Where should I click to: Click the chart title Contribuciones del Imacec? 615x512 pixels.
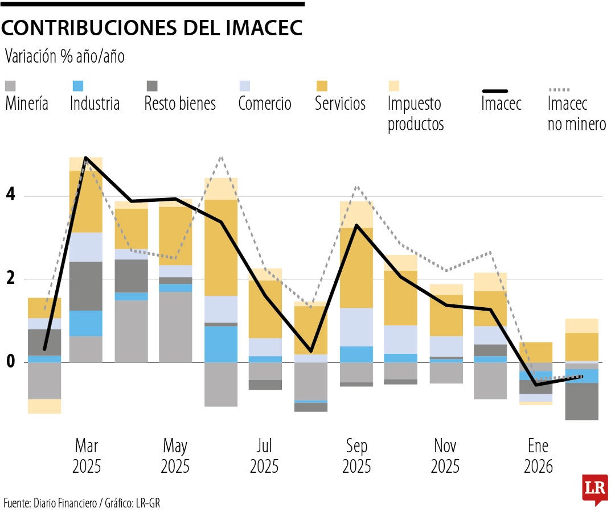(x=152, y=28)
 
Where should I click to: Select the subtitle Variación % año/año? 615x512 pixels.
(x=64, y=56)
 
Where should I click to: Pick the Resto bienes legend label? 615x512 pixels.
(x=180, y=104)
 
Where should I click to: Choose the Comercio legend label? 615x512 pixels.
(x=265, y=104)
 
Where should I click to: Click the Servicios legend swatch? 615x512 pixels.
(x=322, y=86)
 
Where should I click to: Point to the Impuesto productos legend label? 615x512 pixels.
(x=415, y=113)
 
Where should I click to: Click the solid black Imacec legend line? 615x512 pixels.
(x=503, y=90)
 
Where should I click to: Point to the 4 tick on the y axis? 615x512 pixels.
(x=11, y=196)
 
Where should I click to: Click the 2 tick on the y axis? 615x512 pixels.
(x=11, y=279)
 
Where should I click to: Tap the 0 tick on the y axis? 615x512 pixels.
(x=11, y=362)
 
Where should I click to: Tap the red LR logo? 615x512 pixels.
(x=594, y=488)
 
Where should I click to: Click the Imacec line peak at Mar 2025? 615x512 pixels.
(x=85, y=158)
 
